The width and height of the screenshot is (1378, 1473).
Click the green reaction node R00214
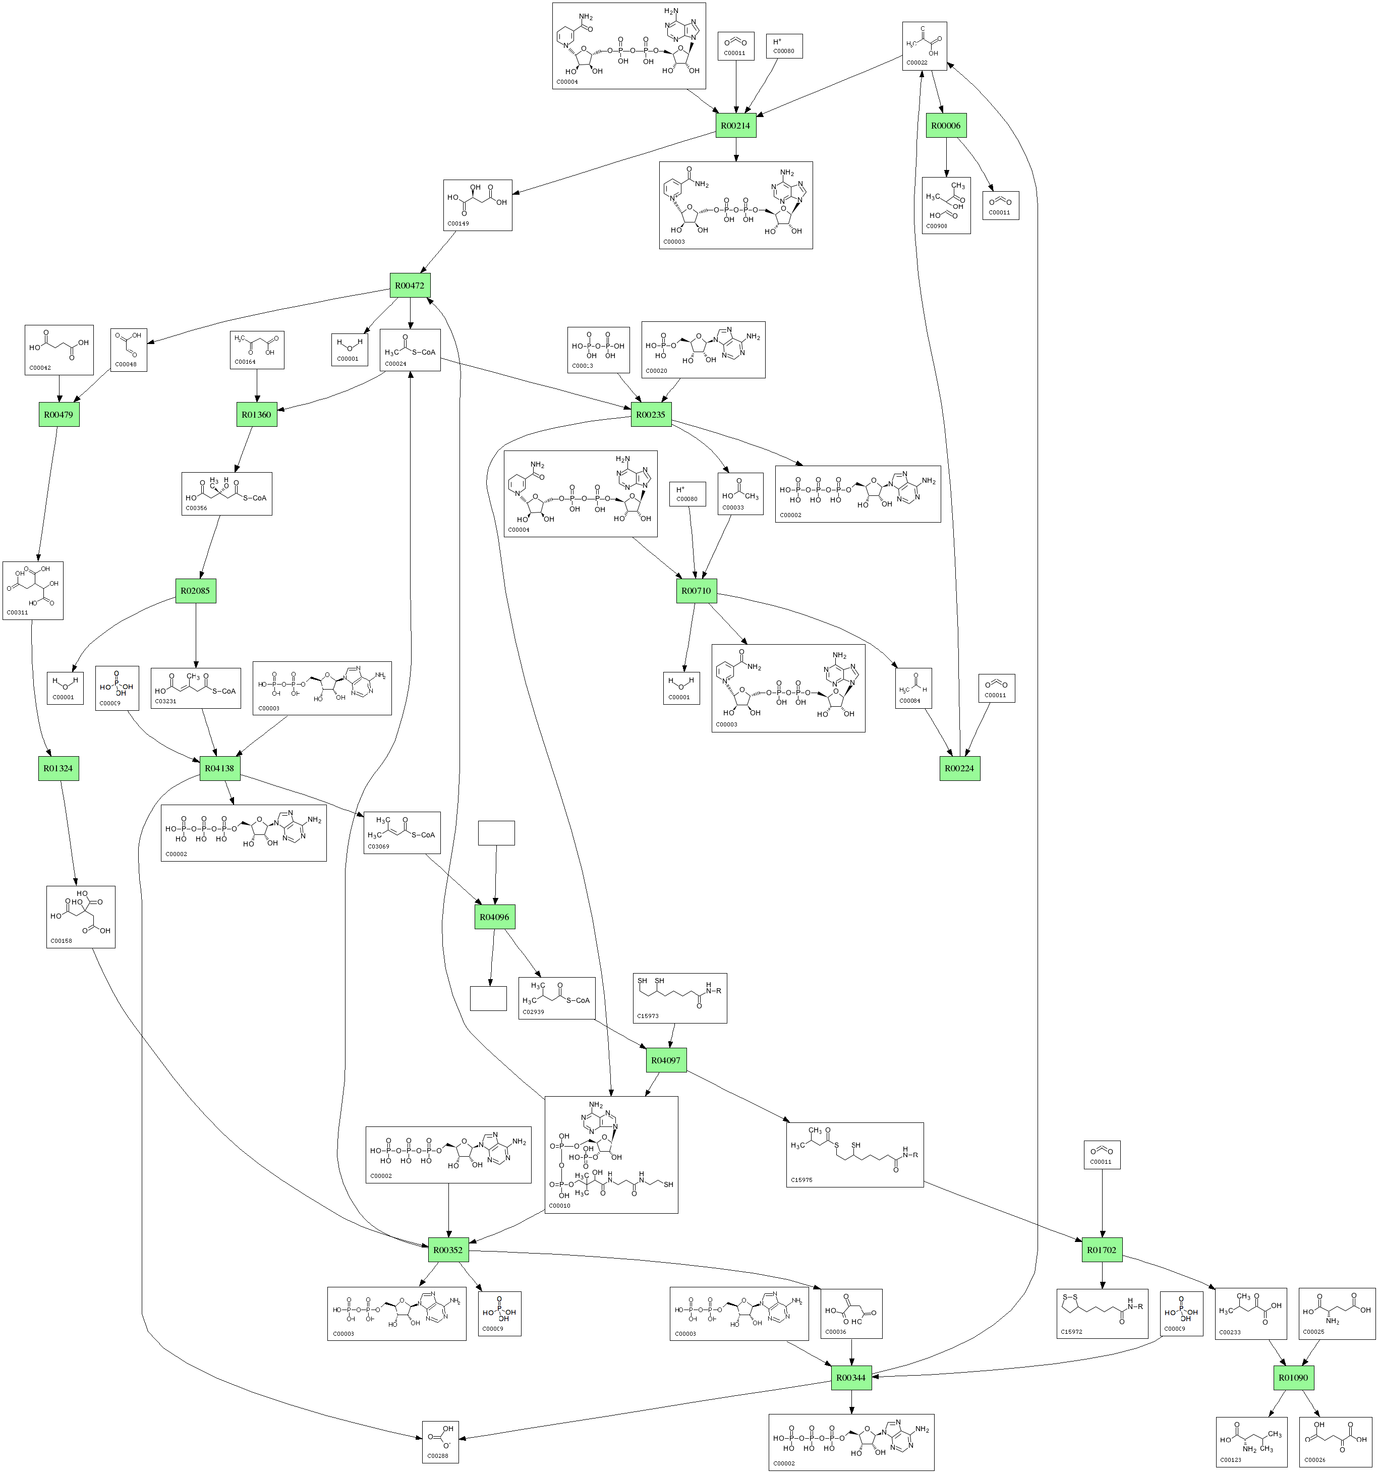[x=736, y=125]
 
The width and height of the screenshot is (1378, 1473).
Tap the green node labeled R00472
[x=410, y=285]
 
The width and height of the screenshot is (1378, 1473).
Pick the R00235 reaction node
[x=651, y=414]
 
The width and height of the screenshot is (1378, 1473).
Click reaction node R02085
[x=196, y=591]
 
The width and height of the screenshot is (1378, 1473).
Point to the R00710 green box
[x=697, y=591]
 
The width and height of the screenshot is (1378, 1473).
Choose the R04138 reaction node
[x=219, y=768]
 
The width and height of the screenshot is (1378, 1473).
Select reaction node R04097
[x=666, y=1060]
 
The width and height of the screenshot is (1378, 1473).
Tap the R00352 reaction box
[x=448, y=1250]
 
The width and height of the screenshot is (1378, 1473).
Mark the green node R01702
[x=1102, y=1250]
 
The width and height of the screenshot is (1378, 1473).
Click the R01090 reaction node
[x=1294, y=1378]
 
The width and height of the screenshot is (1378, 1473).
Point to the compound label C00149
[x=458, y=223]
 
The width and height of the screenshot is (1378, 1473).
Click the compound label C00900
[x=937, y=226]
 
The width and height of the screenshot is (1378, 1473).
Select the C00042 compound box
[x=60, y=350]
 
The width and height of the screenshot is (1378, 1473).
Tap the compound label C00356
[x=196, y=508]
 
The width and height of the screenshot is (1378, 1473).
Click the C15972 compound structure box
[x=1103, y=1313]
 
